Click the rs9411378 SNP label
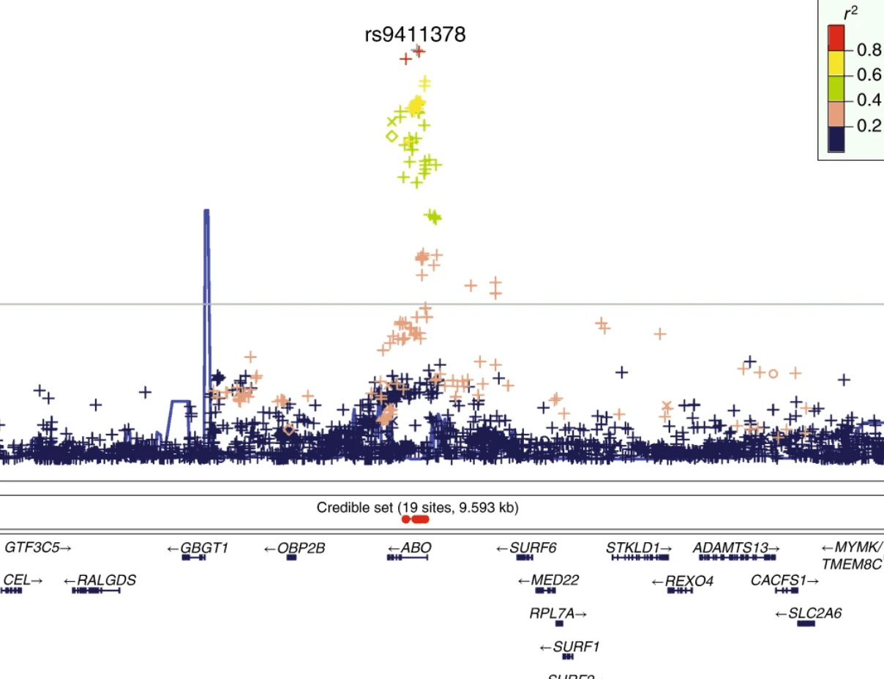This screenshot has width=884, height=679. (414, 34)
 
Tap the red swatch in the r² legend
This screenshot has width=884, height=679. (836, 37)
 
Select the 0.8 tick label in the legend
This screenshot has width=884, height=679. (869, 50)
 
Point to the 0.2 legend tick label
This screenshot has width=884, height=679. (869, 126)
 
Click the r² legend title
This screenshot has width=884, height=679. (850, 12)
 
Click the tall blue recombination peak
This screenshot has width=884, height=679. (206, 256)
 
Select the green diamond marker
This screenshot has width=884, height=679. (392, 135)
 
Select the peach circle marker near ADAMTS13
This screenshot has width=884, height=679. (773, 373)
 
